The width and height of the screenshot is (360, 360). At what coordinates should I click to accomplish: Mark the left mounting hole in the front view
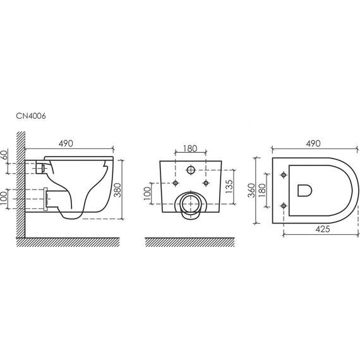pyautogui.click(x=174, y=183)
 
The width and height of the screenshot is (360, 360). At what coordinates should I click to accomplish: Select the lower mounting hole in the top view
pyautogui.click(x=283, y=205)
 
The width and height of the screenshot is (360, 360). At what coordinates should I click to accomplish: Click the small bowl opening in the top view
pyautogui.click(x=304, y=188)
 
